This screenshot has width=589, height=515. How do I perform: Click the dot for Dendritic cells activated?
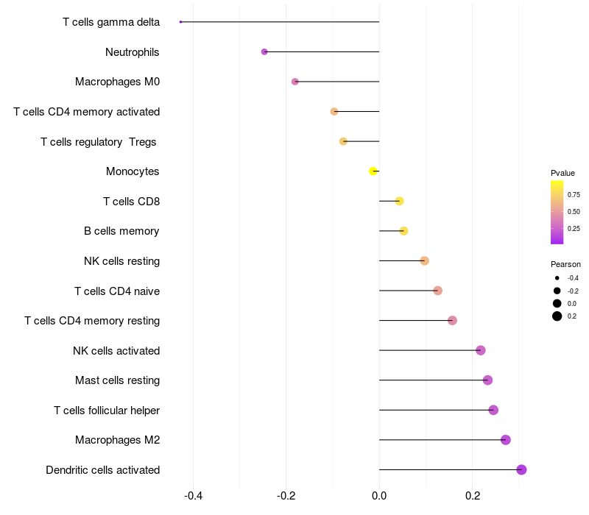click(x=521, y=469)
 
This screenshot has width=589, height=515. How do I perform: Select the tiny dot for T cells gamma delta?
click(x=180, y=22)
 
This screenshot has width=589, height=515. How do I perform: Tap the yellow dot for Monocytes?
click(x=373, y=171)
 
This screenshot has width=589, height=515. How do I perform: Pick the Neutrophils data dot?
click(x=264, y=51)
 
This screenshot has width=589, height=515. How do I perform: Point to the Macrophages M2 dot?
click(x=505, y=440)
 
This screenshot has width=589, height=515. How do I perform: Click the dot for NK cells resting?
click(x=424, y=260)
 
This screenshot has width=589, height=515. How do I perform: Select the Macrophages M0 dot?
click(x=295, y=82)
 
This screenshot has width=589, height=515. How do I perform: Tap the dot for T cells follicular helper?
click(x=493, y=410)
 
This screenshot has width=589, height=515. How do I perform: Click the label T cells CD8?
click(x=131, y=201)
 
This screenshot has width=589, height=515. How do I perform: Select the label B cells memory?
click(x=121, y=231)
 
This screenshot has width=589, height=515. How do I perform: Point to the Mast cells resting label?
click(x=117, y=380)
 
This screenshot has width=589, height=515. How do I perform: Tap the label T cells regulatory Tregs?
click(x=99, y=141)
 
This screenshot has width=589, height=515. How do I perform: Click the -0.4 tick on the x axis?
click(x=193, y=496)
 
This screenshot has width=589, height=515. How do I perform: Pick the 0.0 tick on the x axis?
click(x=379, y=496)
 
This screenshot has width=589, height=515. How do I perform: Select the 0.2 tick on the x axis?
click(x=472, y=496)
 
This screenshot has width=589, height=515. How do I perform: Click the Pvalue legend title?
click(x=562, y=173)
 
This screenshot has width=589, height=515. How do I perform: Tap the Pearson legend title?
click(x=565, y=264)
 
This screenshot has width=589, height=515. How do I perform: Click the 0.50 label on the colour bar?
click(x=574, y=212)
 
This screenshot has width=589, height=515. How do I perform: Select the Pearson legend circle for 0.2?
click(x=557, y=316)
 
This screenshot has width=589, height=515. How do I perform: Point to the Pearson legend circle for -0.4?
click(x=557, y=278)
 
